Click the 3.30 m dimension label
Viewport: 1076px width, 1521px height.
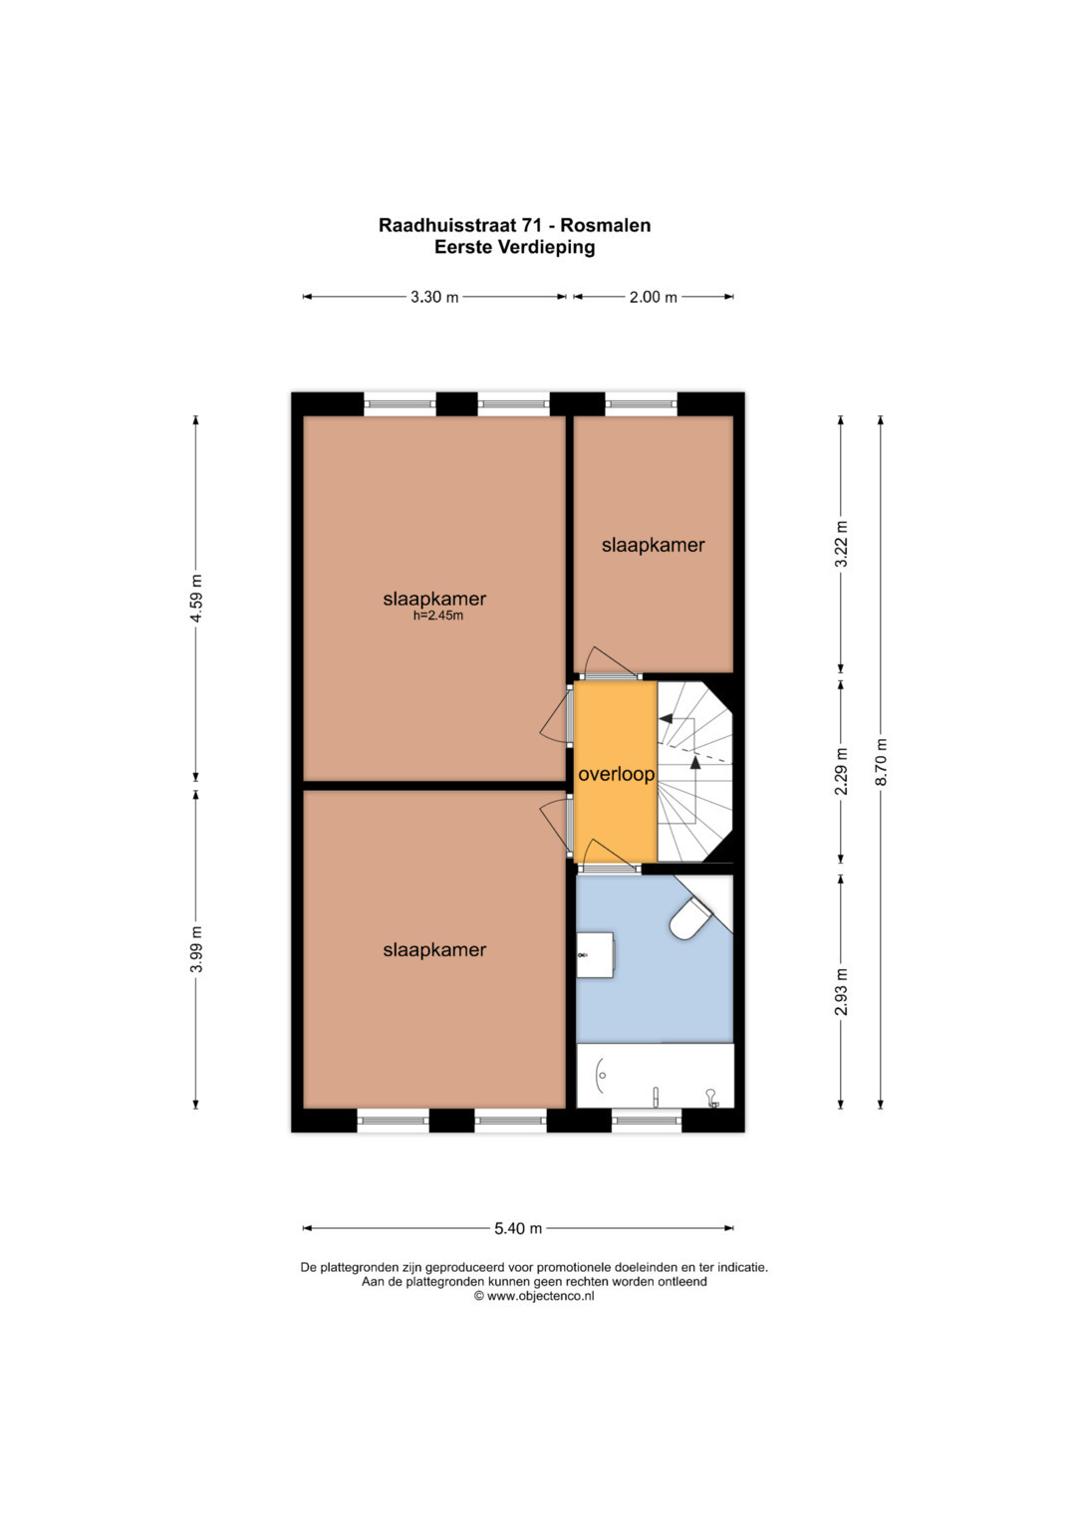pos(434,297)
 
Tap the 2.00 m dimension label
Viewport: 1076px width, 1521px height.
pos(653,297)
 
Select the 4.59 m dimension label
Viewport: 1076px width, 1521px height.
pos(196,599)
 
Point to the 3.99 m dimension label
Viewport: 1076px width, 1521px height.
pos(196,948)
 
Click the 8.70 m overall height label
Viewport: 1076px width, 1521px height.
pos(881,762)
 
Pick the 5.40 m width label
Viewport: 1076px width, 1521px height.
pos(518,1228)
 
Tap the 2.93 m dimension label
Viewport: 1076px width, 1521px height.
pos(842,992)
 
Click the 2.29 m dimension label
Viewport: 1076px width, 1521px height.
pos(842,771)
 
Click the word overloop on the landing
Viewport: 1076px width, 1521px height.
pos(616,774)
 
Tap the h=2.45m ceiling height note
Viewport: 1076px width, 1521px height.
pos(438,617)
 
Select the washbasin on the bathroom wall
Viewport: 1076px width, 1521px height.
pos(596,954)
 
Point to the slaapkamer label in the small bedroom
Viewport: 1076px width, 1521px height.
pos(653,545)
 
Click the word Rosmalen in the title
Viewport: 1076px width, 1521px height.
pos(606,225)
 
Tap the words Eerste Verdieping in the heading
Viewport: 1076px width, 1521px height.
pos(515,247)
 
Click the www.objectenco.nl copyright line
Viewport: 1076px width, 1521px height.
pos(534,1296)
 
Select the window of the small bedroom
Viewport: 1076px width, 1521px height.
pos(642,404)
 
